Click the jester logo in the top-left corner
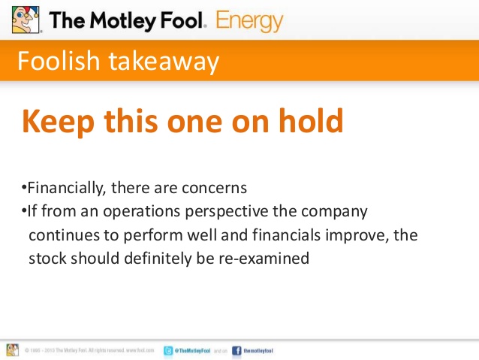click(25, 19)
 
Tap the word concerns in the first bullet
click(218, 186)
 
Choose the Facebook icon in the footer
click(236, 350)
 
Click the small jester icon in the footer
click(13, 349)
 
